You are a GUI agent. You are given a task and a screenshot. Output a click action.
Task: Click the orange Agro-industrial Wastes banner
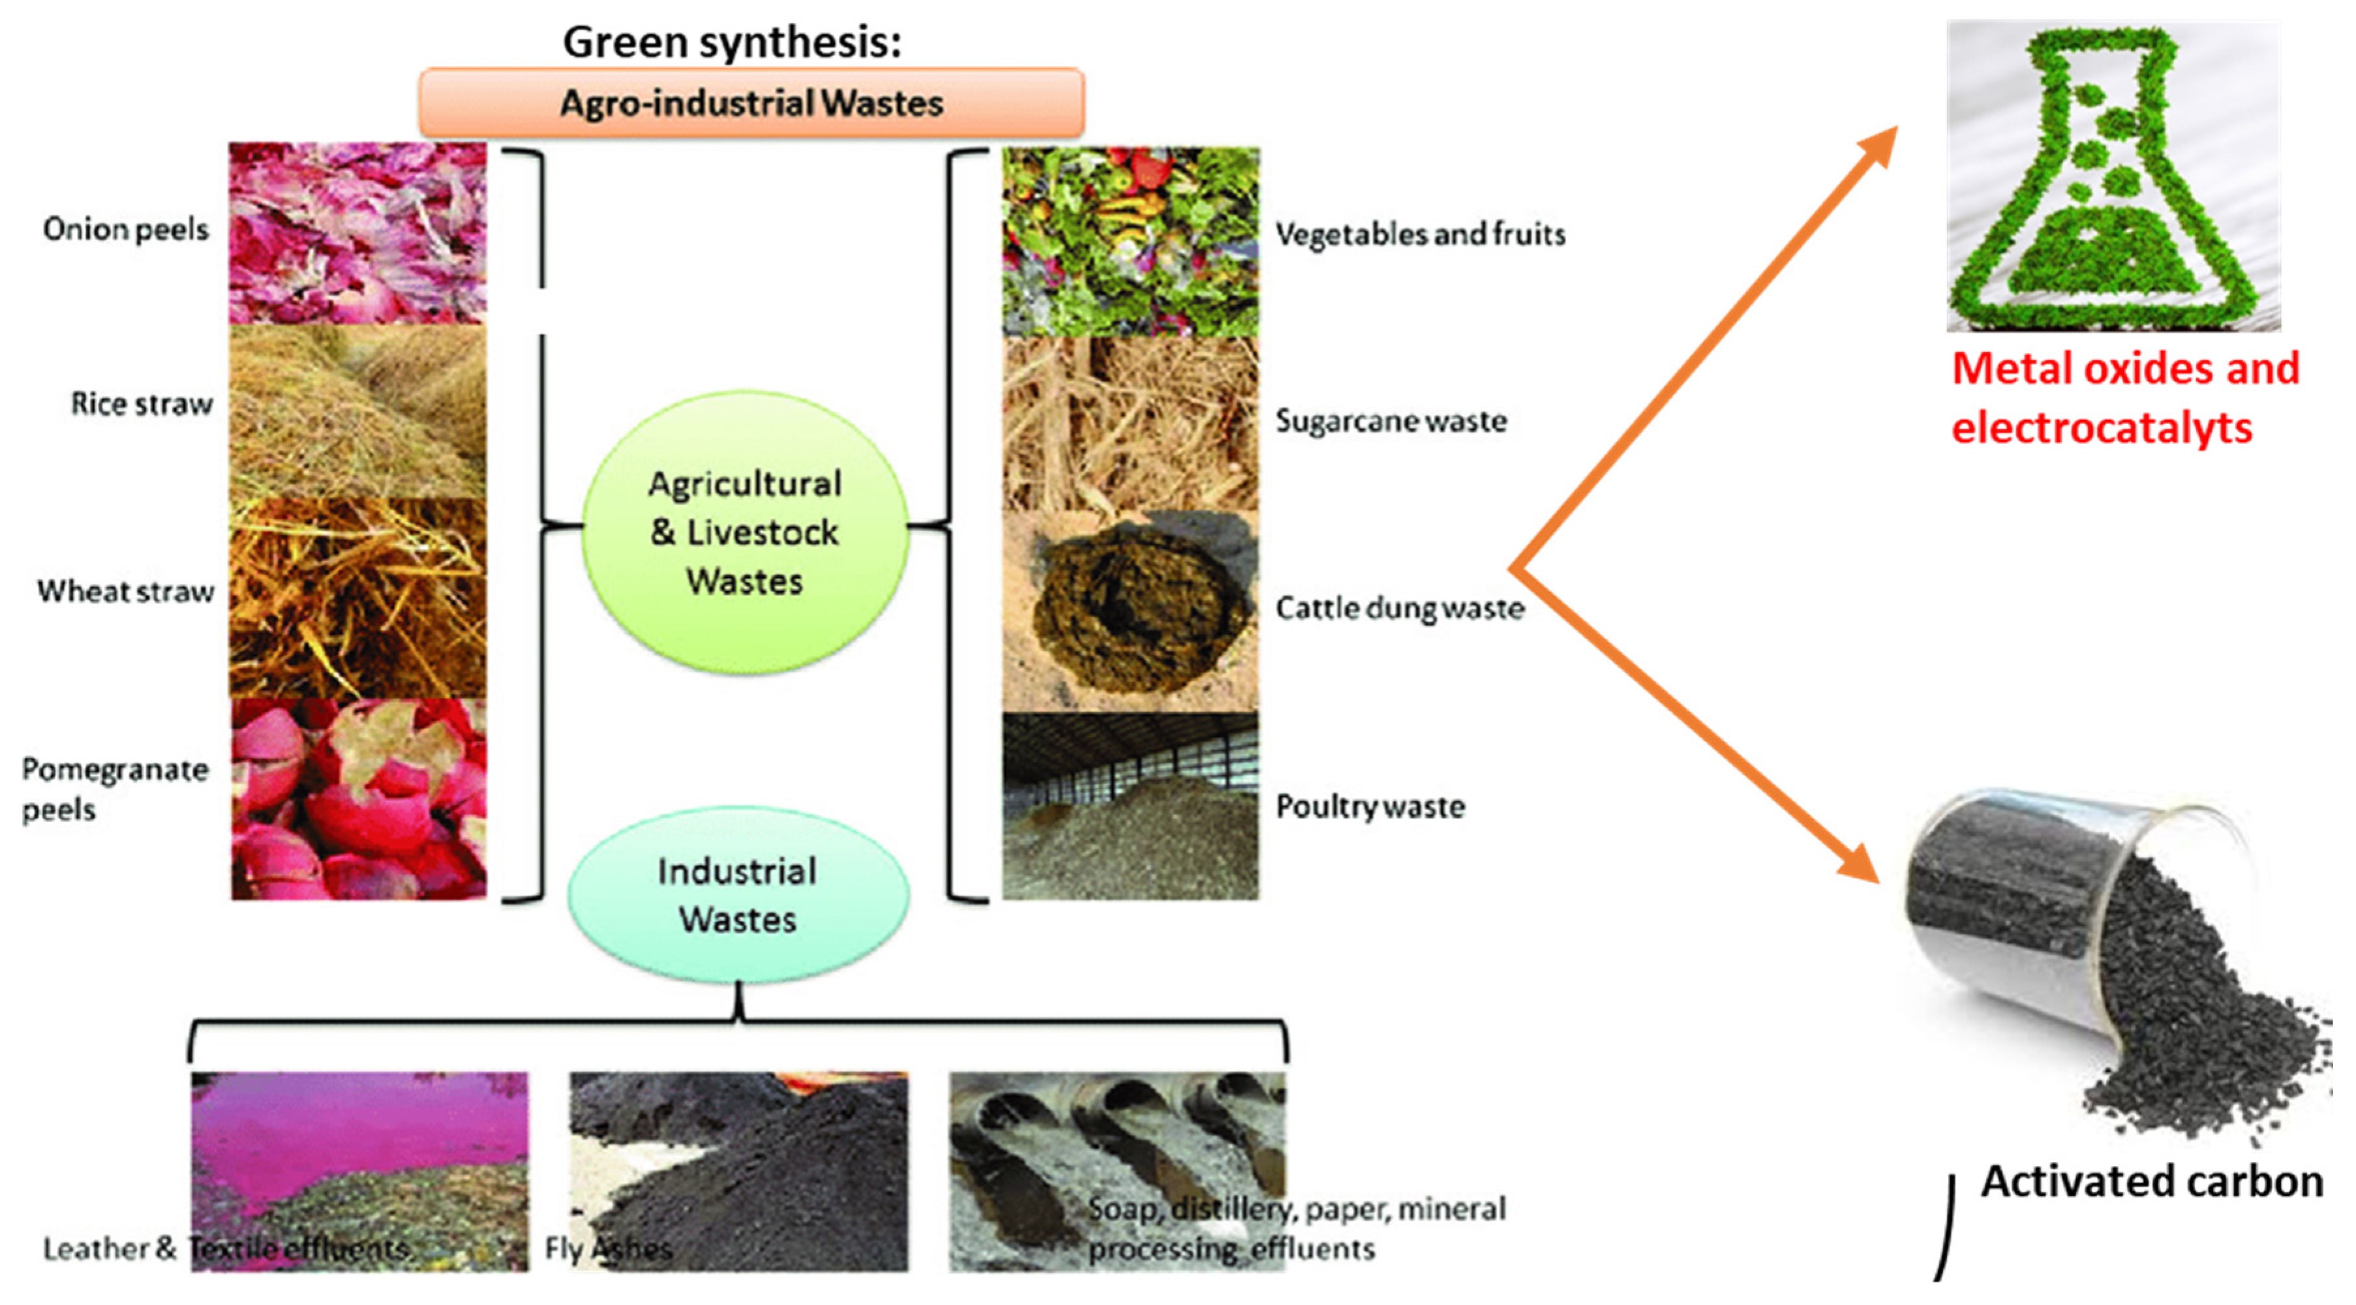click(x=751, y=102)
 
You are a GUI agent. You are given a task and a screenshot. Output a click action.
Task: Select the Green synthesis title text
click(x=732, y=42)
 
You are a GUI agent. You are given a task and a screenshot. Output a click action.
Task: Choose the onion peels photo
click(x=357, y=233)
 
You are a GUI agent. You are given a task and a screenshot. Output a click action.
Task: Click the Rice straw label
click(x=142, y=403)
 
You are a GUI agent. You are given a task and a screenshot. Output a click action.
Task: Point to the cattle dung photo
click(x=1130, y=611)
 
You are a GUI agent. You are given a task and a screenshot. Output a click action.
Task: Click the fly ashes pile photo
click(x=739, y=1171)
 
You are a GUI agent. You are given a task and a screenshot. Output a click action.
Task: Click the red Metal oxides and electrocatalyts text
click(x=2124, y=398)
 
